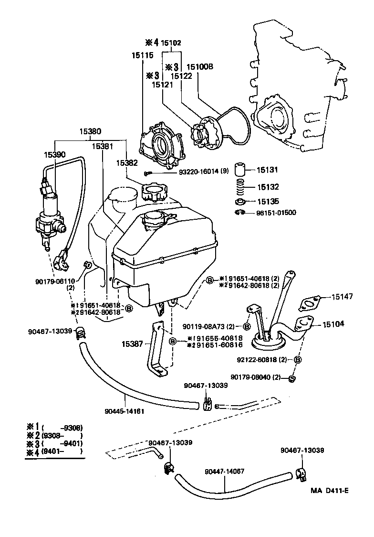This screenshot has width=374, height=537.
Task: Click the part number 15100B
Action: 199,67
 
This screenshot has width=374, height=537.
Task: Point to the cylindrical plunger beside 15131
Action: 239,170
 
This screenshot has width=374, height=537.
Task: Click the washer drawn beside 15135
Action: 239,201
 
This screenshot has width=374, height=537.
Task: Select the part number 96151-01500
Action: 276,212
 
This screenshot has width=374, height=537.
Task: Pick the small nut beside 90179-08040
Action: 292,379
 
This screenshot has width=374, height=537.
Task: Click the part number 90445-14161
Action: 124,411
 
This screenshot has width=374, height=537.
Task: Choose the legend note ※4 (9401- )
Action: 55,451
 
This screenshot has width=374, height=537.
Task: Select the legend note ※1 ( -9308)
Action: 55,427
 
